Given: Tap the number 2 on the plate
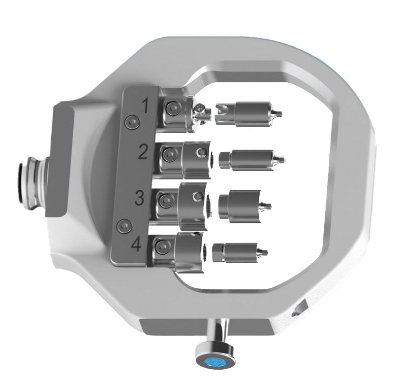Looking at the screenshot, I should click(x=143, y=152).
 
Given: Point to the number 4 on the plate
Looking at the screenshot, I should click(x=137, y=244).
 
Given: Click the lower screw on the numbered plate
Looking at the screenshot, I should click(x=123, y=226).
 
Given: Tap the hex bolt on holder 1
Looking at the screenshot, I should click(x=172, y=109).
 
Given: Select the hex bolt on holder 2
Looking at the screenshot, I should click(x=169, y=156).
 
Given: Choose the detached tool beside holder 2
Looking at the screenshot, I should click(x=251, y=158).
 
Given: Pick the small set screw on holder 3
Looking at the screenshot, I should click(x=196, y=197).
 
